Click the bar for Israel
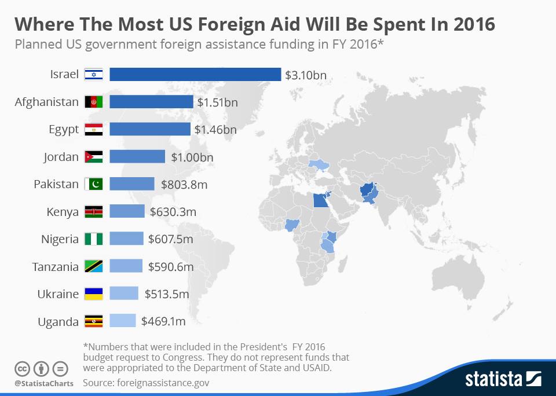195,75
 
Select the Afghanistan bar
151,102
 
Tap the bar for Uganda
122,321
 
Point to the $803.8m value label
184,184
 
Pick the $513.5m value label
169,294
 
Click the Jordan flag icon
93,157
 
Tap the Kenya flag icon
93,211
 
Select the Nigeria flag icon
93,239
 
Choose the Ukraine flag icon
93,294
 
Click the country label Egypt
64,129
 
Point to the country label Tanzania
56,266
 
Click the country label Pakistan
56,184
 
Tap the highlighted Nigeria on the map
294,225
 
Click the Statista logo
503,379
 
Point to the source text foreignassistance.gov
163,383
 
